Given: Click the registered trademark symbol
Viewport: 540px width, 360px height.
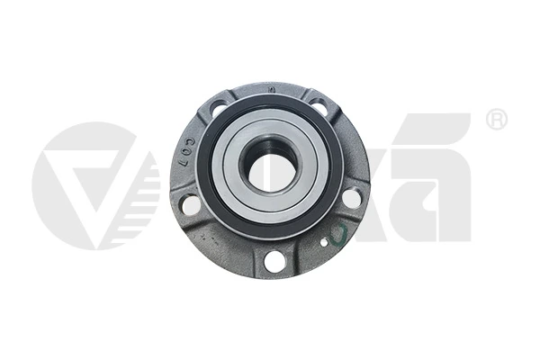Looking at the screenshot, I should click(496, 120).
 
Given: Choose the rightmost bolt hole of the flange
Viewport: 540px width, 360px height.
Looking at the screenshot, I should click(351, 198).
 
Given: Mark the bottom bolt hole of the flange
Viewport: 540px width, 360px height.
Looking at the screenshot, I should click(274, 261).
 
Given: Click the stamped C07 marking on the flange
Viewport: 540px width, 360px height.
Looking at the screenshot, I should click(186, 159).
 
